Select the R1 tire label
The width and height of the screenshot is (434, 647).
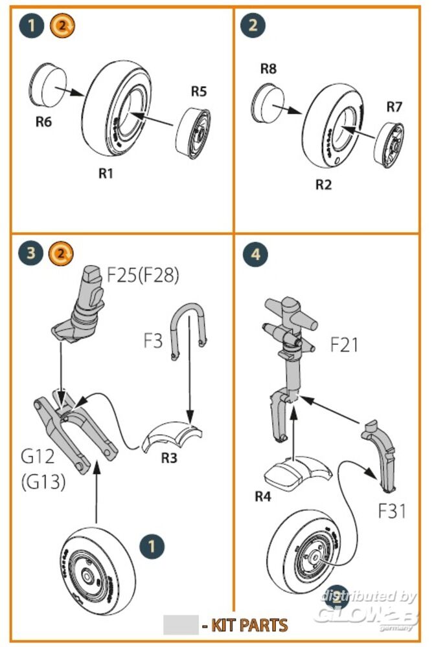point(106,173)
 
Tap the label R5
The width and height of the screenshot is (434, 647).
point(198,91)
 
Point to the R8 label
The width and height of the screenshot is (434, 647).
point(268,69)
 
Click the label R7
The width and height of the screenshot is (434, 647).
point(394,107)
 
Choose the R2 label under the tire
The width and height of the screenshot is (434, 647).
point(323,185)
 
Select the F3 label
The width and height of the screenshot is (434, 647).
point(153,340)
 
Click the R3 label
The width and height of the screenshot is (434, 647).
point(169,457)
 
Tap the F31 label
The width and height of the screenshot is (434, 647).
point(393,510)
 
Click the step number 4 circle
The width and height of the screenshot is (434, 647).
point(256,254)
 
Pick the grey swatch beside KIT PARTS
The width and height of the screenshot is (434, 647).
point(180,624)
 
